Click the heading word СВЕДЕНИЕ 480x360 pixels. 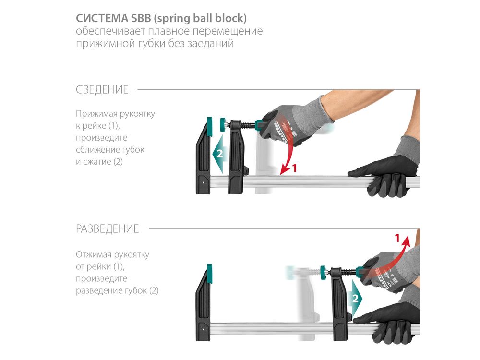coord(102,90)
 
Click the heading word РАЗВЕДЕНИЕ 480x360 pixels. coord(108,228)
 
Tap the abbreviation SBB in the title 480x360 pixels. coord(141,18)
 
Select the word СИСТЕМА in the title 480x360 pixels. coord(102,18)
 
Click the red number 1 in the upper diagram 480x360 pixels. coord(295,168)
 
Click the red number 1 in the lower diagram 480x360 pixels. coord(397,238)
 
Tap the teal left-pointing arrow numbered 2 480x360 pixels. coord(219,154)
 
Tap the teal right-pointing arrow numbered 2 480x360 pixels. coord(355,298)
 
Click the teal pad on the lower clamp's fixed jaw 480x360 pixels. coord(209,274)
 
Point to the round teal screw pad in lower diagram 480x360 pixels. coord(324,272)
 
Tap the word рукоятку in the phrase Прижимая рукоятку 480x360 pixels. coord(137,114)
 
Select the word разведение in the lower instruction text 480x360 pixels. coord(101,290)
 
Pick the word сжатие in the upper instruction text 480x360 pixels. coord(97,162)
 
